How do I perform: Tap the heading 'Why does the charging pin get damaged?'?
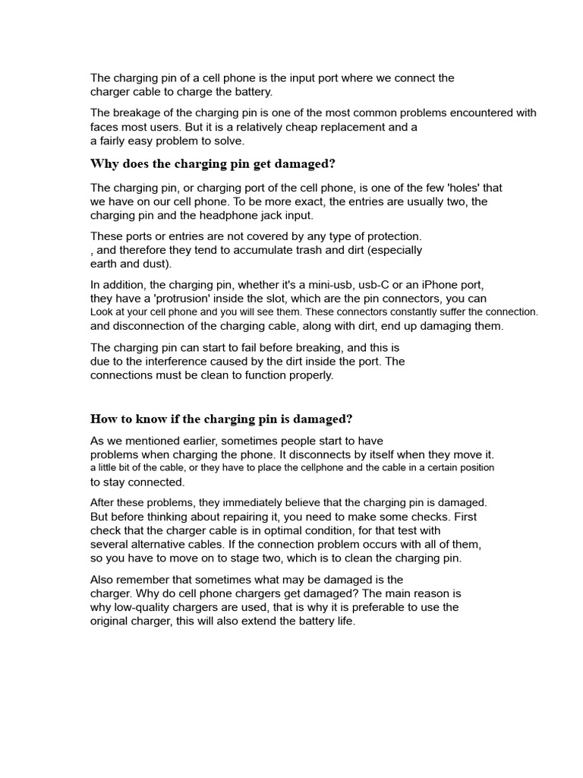click(x=213, y=164)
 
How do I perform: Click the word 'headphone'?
click(x=212, y=215)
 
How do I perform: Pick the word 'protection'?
click(x=389, y=236)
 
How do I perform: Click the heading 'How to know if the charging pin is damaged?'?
click(x=222, y=419)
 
